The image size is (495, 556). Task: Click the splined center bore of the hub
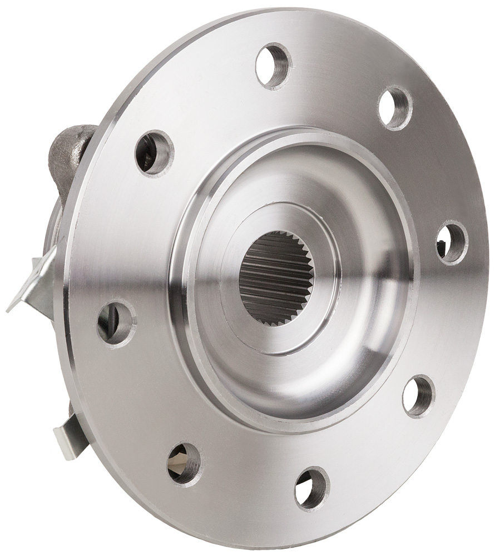coord(276,278)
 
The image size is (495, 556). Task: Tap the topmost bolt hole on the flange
coord(274,65)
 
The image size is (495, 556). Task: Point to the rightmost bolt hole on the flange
coord(452,242)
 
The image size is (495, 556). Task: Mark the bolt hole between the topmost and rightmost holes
coord(395,108)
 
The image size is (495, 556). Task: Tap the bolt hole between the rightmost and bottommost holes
coord(418,396)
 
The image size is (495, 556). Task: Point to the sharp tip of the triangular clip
coord(8,310)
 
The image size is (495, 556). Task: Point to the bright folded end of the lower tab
coord(62,445)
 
